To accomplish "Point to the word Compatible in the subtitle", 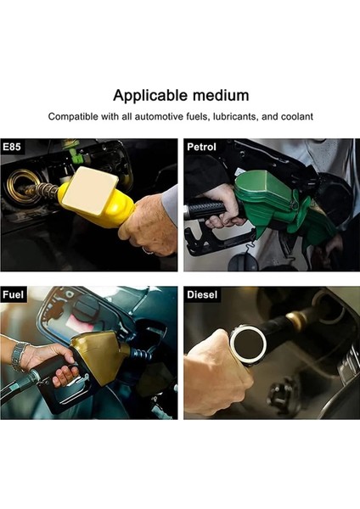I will click(x=74, y=115).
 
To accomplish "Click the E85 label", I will click(x=14, y=147).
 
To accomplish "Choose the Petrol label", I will click(x=202, y=147).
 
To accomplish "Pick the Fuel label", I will click(x=14, y=295).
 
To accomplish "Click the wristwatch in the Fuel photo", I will click(x=19, y=356).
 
